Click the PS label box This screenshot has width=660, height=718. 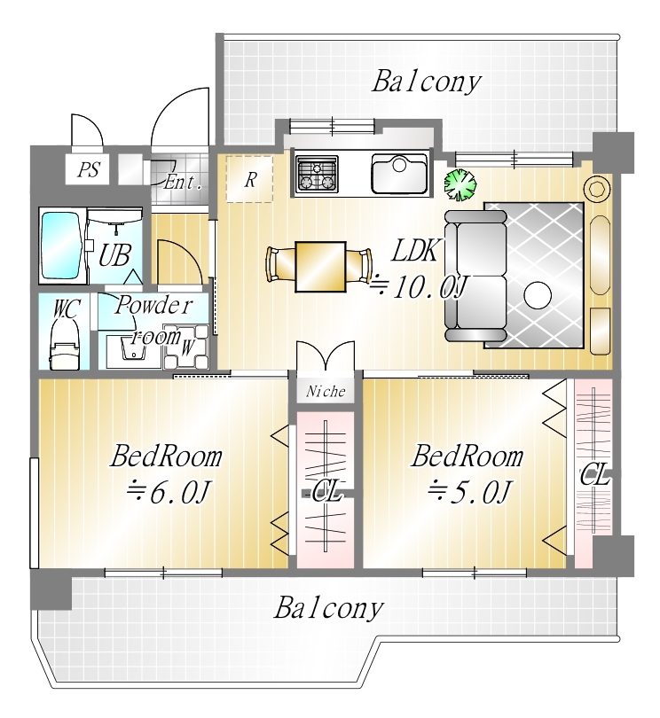87,169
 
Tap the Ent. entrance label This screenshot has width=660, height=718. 183,183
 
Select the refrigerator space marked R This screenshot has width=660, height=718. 250,178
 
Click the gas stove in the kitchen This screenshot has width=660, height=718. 317,174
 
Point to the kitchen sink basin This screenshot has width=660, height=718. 400,173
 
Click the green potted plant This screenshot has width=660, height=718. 460,184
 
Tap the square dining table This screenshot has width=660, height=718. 320,267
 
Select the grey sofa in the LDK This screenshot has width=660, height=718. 475,276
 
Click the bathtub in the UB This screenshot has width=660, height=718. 62,246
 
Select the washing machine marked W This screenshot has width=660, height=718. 186,347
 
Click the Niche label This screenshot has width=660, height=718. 326,391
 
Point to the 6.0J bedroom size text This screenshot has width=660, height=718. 169,493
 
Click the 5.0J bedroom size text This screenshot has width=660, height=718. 469,493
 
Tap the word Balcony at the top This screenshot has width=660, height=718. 427,82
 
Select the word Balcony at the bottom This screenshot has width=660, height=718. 328,609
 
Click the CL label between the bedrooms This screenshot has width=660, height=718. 326,494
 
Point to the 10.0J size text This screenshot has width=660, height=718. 420,287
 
